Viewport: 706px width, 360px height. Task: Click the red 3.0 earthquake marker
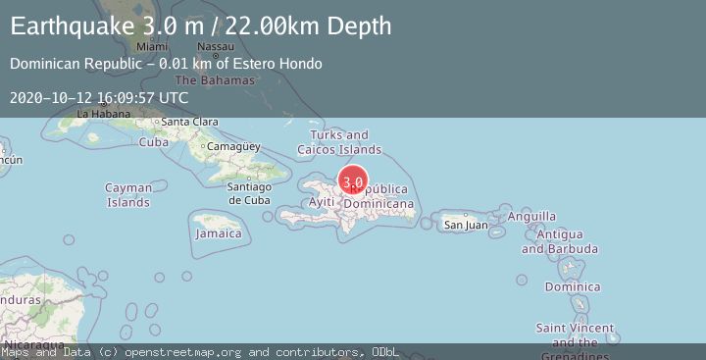pyautogui.click(x=353, y=181)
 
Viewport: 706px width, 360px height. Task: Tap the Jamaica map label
pyautogui.click(x=219, y=233)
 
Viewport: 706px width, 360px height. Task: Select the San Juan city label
pyautogui.click(x=466, y=225)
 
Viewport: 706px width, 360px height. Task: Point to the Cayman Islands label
pyautogui.click(x=128, y=195)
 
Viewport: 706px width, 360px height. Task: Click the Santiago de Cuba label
pyautogui.click(x=248, y=193)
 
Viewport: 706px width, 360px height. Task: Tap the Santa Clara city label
pyautogui.click(x=189, y=122)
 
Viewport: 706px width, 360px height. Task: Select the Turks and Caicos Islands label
pyautogui.click(x=339, y=142)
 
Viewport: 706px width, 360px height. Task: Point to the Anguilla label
pyautogui.click(x=532, y=216)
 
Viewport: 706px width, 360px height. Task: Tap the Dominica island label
pyautogui.click(x=573, y=287)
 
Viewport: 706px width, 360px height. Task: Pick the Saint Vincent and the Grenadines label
pyautogui.click(x=576, y=335)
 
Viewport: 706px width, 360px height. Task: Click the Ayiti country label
pyautogui.click(x=322, y=201)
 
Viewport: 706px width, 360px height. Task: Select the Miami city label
pyautogui.click(x=152, y=46)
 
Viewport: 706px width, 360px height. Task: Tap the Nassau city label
pyautogui.click(x=215, y=46)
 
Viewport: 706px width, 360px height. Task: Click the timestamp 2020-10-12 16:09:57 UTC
pyautogui.click(x=99, y=98)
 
